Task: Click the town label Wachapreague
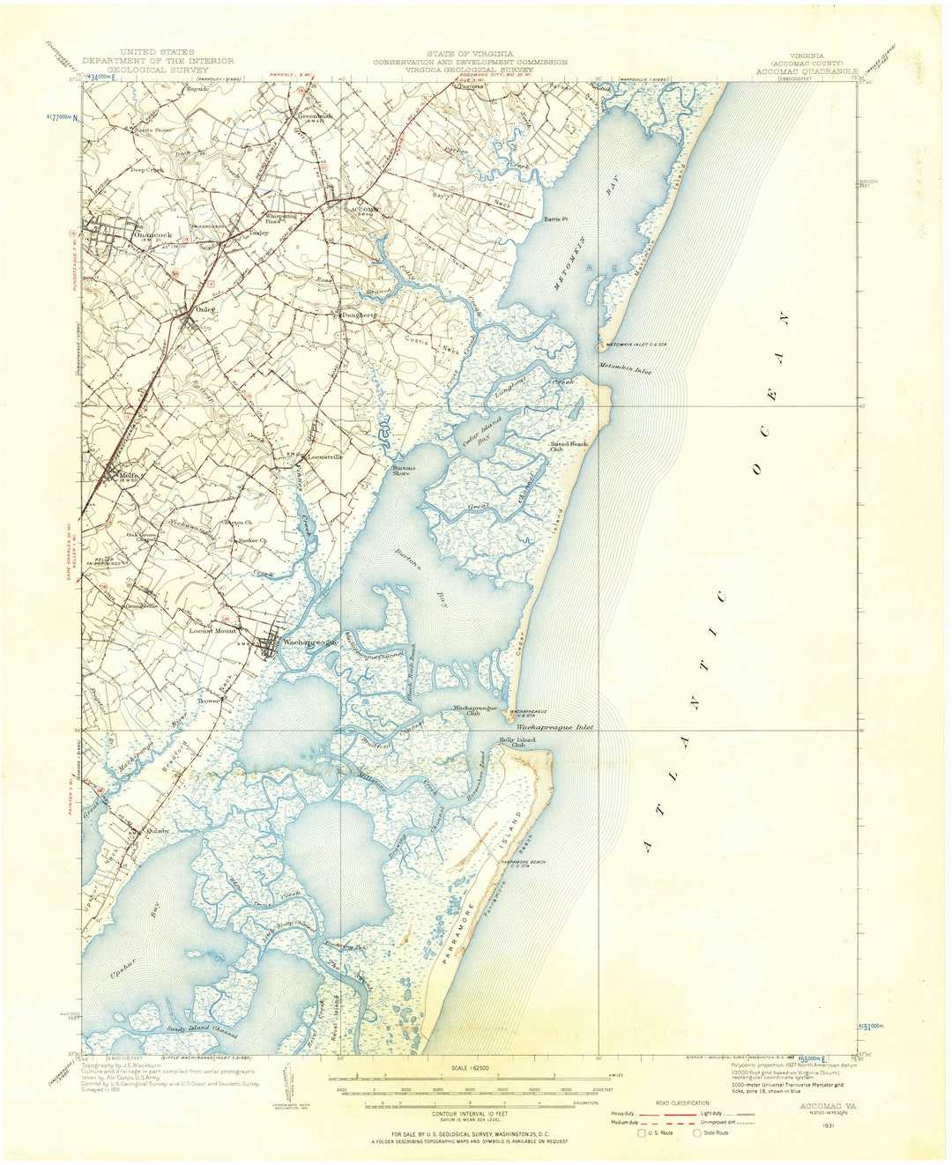[x=309, y=642]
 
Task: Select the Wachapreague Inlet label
[x=554, y=728]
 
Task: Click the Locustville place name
[x=325, y=457]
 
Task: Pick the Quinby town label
[x=156, y=830]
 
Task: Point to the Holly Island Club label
[x=518, y=742]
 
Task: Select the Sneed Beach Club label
[x=569, y=445]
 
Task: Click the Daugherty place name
[x=359, y=315]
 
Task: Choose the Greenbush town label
[x=315, y=115]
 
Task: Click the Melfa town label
[x=129, y=478]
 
